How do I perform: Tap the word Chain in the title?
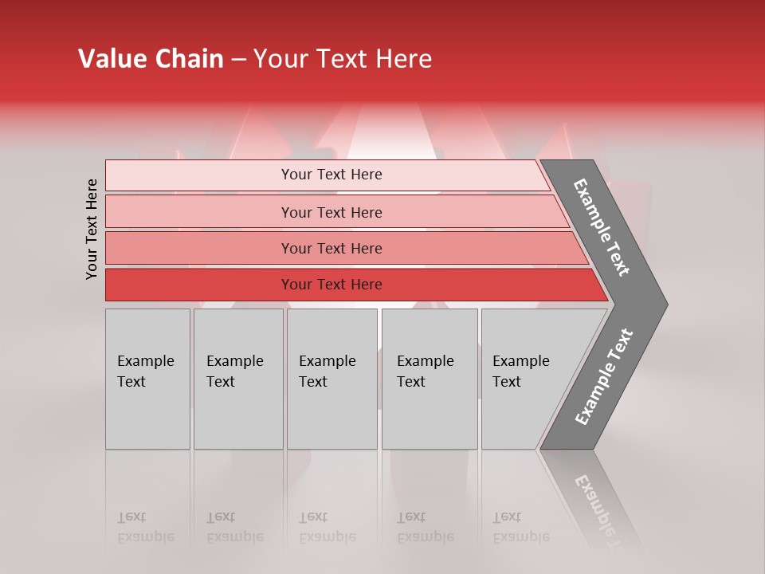click(x=189, y=59)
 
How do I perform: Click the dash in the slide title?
click(x=238, y=60)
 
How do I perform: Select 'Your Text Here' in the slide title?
click(x=343, y=59)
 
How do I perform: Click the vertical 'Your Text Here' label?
click(x=92, y=229)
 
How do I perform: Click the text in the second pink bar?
click(x=331, y=212)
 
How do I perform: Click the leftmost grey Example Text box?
click(x=147, y=379)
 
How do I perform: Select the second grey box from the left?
click(x=237, y=379)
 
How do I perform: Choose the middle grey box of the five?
click(x=331, y=379)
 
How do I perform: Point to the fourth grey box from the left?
click(x=430, y=379)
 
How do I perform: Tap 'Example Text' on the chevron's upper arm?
click(x=602, y=227)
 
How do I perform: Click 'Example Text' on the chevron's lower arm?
click(x=604, y=376)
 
